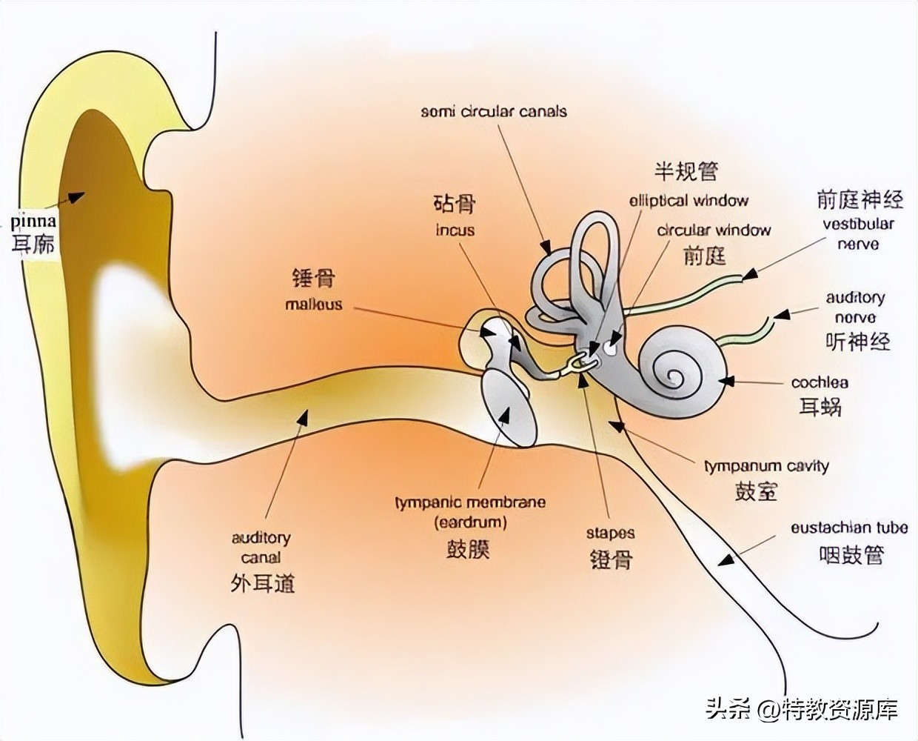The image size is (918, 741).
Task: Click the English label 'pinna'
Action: [x=33, y=221]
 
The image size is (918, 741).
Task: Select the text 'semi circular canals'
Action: [x=494, y=112]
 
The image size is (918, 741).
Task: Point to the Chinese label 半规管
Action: [x=686, y=171]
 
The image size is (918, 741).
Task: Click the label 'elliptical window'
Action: [x=688, y=201]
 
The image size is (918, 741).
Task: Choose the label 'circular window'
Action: [x=714, y=230]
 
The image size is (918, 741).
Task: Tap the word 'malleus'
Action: [x=314, y=304]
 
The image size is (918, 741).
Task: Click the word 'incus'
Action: [x=455, y=230]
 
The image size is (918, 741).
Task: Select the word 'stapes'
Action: [x=610, y=533]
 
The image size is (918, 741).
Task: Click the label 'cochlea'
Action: [x=820, y=383]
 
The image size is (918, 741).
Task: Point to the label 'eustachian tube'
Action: [x=848, y=528]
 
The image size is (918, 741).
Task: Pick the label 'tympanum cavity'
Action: [x=765, y=466]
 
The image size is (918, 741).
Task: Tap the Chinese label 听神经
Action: [x=857, y=342]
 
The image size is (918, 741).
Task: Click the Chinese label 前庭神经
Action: [x=860, y=199]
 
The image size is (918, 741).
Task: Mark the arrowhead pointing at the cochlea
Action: [x=727, y=381]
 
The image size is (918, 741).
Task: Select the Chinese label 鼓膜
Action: [x=468, y=549]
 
